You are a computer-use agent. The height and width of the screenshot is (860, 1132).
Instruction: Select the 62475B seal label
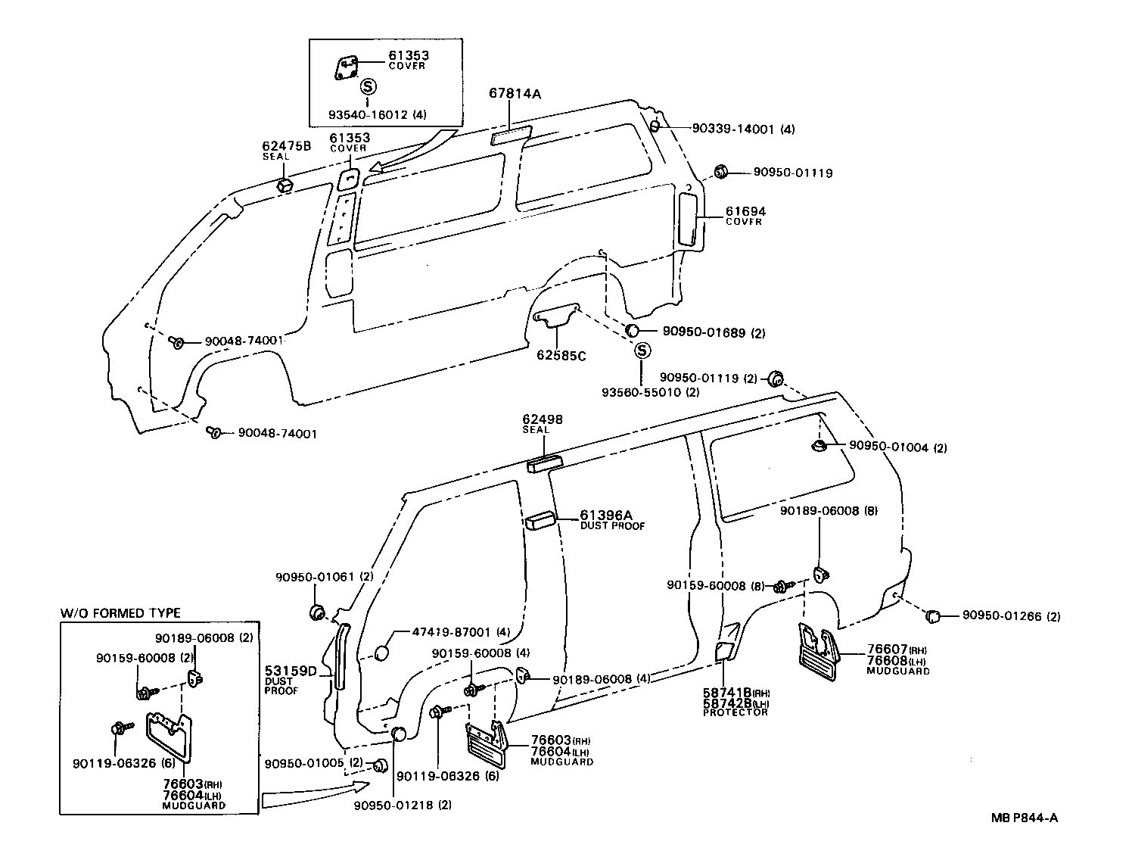(286, 146)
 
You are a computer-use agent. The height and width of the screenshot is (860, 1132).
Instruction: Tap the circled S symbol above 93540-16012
(368, 86)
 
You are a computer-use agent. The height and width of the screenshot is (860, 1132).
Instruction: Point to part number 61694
(745, 211)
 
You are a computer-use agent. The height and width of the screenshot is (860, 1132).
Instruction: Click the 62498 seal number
(543, 419)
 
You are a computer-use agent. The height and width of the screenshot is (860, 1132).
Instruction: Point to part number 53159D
(290, 671)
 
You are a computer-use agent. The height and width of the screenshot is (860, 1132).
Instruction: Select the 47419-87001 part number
(452, 632)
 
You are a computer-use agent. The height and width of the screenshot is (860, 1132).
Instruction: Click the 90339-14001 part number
(732, 129)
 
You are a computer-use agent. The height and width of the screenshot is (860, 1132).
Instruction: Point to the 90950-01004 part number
(888, 447)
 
